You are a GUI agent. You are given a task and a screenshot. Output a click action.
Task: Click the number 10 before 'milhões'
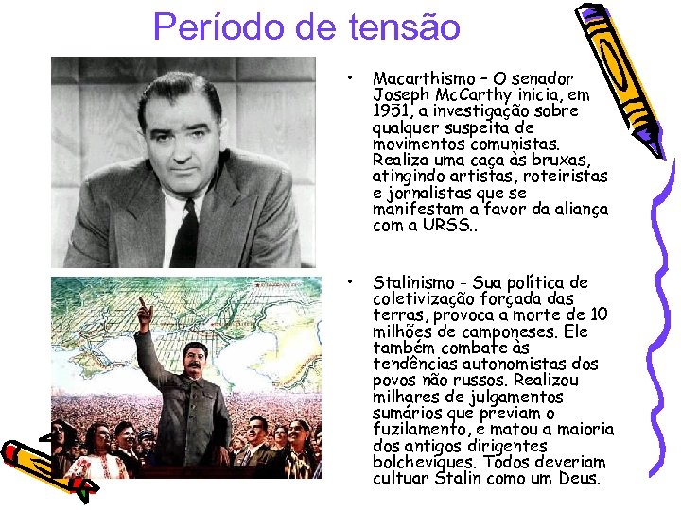(x=600, y=314)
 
